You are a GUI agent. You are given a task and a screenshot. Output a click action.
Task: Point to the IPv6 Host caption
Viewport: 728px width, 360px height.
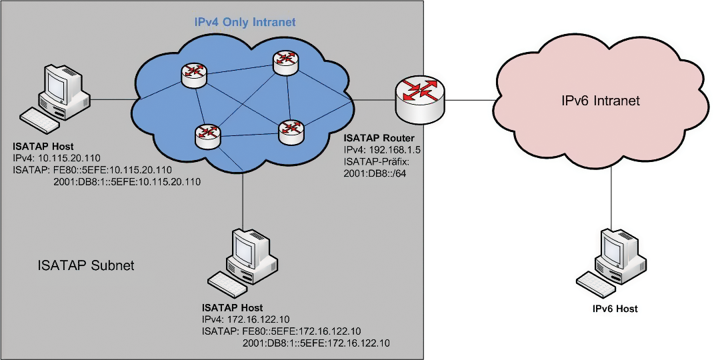(x=615, y=309)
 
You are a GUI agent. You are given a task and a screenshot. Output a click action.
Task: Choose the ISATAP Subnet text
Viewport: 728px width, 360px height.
(x=86, y=266)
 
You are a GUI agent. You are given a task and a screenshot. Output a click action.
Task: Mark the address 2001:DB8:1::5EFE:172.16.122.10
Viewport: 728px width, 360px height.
(x=316, y=343)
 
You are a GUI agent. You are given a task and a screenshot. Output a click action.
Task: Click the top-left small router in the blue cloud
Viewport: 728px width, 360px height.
(x=193, y=73)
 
